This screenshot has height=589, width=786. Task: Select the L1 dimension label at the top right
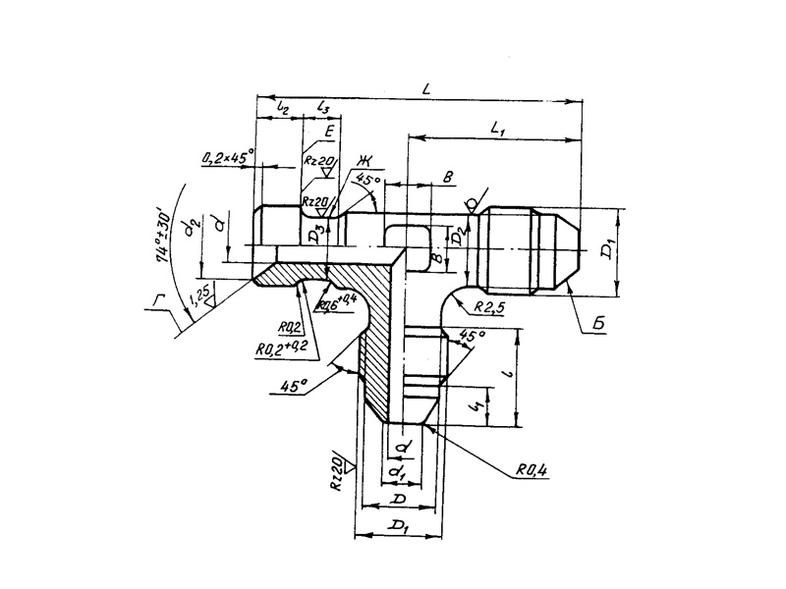point(497,128)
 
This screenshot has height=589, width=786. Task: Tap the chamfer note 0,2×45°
point(227,155)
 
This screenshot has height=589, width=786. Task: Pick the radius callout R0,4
point(531,470)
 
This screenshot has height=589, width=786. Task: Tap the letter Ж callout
point(366,160)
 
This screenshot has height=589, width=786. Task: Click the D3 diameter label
point(313,235)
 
